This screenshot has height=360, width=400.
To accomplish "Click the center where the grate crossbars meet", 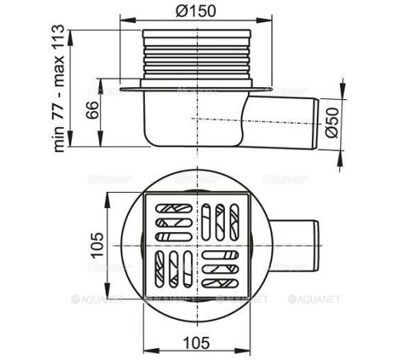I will pyautogui.click(x=197, y=244).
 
